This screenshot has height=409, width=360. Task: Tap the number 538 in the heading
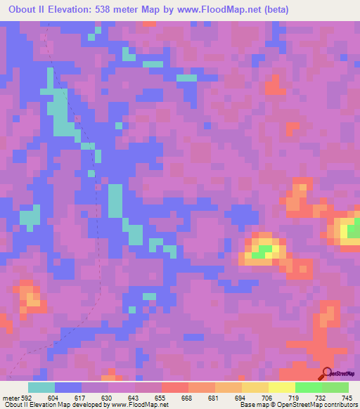[x=114, y=10]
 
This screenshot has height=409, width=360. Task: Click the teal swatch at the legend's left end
[x=41, y=387]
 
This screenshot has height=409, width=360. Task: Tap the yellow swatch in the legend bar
[x=281, y=387]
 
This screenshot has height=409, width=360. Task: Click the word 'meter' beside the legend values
[x=11, y=397]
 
